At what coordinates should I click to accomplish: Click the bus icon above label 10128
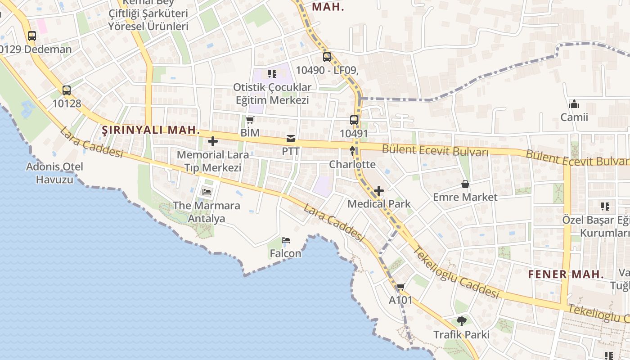[67, 90]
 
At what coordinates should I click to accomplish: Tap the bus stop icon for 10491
[354, 120]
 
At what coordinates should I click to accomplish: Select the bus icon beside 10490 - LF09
[327, 57]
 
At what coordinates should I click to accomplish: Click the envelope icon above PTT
[291, 139]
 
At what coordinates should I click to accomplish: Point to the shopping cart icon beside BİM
[250, 120]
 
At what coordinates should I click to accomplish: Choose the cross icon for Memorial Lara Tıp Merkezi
[213, 142]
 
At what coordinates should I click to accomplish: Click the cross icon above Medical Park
[379, 191]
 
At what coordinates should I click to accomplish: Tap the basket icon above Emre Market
[465, 184]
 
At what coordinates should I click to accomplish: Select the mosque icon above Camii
[574, 104]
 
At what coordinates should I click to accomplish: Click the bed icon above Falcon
[285, 240]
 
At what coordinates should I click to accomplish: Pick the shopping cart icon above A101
[400, 287]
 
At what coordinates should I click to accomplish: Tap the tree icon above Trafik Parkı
[461, 321]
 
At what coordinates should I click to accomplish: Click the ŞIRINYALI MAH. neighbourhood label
[151, 130]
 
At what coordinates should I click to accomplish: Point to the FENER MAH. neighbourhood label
[566, 274]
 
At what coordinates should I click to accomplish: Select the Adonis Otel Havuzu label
[54, 173]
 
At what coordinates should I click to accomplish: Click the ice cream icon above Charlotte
[352, 151]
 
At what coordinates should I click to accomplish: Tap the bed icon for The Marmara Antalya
[207, 192]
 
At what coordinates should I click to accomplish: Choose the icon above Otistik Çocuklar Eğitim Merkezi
[272, 73]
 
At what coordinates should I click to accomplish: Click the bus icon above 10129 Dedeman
[31, 36]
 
